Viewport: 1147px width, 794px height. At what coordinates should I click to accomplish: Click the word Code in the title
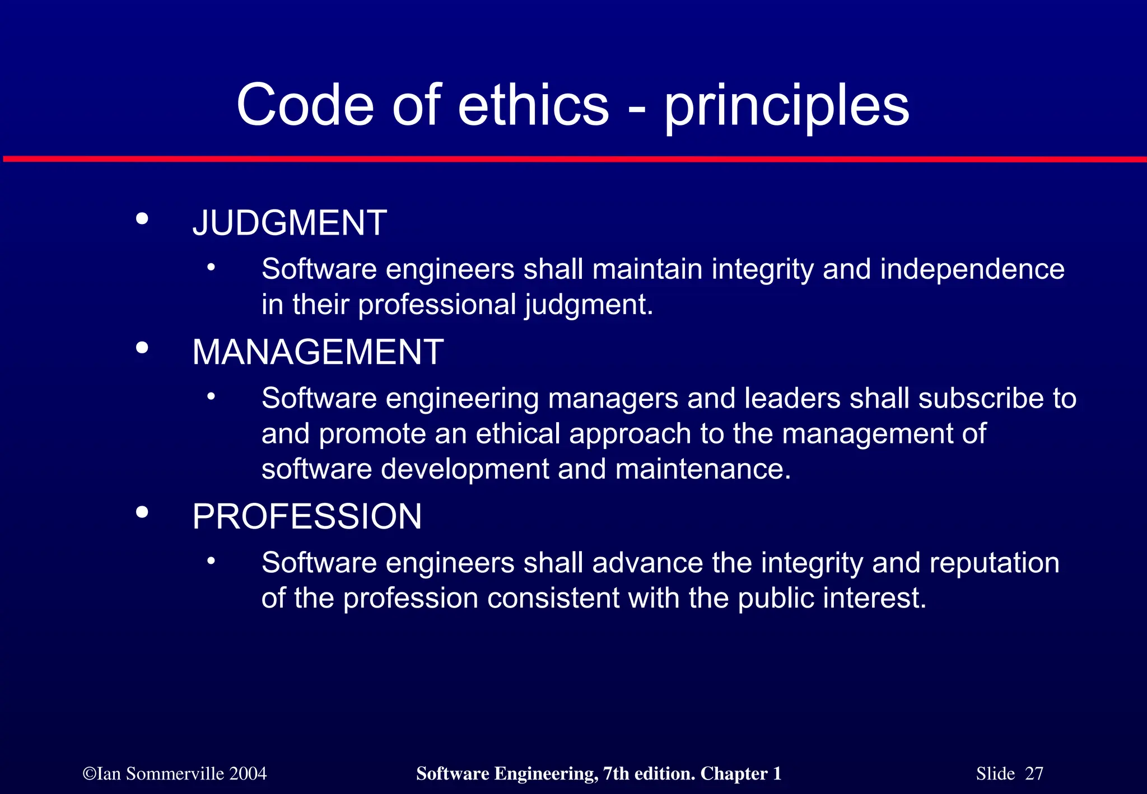coord(305,105)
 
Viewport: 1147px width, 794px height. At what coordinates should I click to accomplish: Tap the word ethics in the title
coord(533,105)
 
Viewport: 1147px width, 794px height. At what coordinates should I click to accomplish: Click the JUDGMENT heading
coord(290,223)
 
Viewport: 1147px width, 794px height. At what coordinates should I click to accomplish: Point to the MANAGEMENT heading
coord(318,352)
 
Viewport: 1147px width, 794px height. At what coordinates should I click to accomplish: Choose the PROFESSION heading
coord(307,516)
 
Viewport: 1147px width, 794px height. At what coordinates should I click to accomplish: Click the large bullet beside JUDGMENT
coord(142,218)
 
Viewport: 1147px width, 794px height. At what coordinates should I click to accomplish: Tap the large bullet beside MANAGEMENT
coord(142,348)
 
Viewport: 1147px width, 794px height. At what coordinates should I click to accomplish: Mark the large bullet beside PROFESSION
coord(142,512)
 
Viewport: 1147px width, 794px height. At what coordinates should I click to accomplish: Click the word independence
coord(972,269)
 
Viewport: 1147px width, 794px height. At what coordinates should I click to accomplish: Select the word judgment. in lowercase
coord(589,306)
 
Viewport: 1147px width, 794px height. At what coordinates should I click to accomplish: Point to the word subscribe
coord(981,399)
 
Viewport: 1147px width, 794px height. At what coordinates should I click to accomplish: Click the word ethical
coord(518,434)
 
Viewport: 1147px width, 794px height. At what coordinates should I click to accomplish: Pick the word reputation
coord(994,563)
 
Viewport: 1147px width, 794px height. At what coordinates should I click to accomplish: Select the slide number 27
coord(1034,774)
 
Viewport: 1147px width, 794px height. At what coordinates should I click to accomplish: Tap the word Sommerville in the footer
coord(175,774)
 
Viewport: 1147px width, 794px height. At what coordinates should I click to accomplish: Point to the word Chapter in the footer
coord(734,774)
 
